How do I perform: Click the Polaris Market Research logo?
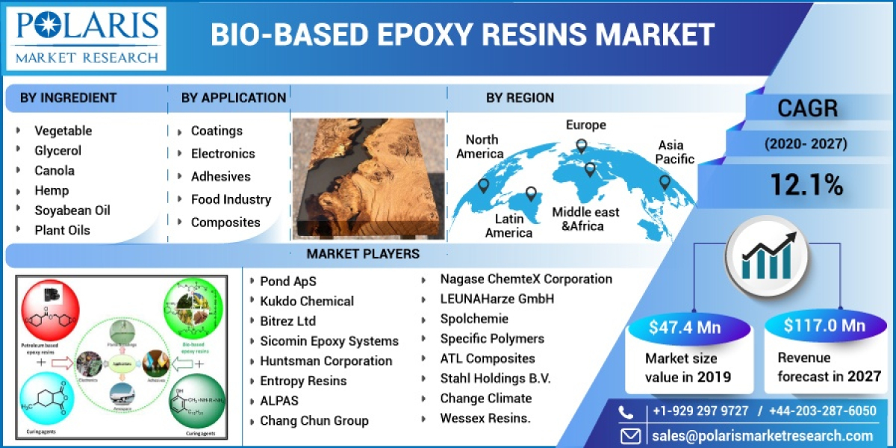[89, 37]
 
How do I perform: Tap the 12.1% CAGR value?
[806, 184]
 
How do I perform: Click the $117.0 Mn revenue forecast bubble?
[824, 326]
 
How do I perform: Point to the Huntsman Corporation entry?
[326, 361]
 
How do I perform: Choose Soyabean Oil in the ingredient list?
[72, 210]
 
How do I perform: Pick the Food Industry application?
[230, 199]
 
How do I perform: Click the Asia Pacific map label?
[675, 152]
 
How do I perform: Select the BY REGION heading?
[520, 98]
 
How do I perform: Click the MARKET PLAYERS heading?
[363, 254]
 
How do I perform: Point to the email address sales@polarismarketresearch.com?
[761, 436]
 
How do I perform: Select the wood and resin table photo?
[367, 177]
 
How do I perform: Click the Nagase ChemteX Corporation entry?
[526, 279]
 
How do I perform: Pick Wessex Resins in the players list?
[485, 418]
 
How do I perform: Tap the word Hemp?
[52, 190]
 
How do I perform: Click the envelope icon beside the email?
[631, 436]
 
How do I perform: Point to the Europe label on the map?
[585, 125]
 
